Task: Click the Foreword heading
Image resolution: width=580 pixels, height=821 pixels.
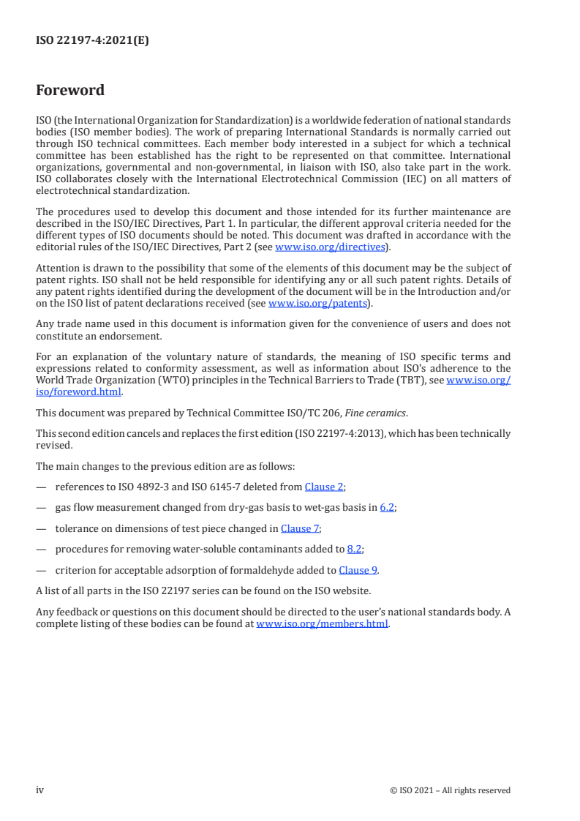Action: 70,91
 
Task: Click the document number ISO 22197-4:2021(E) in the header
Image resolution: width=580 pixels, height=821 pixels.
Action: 92,41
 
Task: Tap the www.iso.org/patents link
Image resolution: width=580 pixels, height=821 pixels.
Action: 319,303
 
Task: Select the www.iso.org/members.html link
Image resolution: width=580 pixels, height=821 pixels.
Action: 322,624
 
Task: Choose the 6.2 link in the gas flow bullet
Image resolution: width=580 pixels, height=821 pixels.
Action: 388,507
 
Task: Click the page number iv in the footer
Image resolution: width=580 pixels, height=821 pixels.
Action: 40,790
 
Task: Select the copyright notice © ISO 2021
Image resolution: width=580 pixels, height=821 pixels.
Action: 451,790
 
